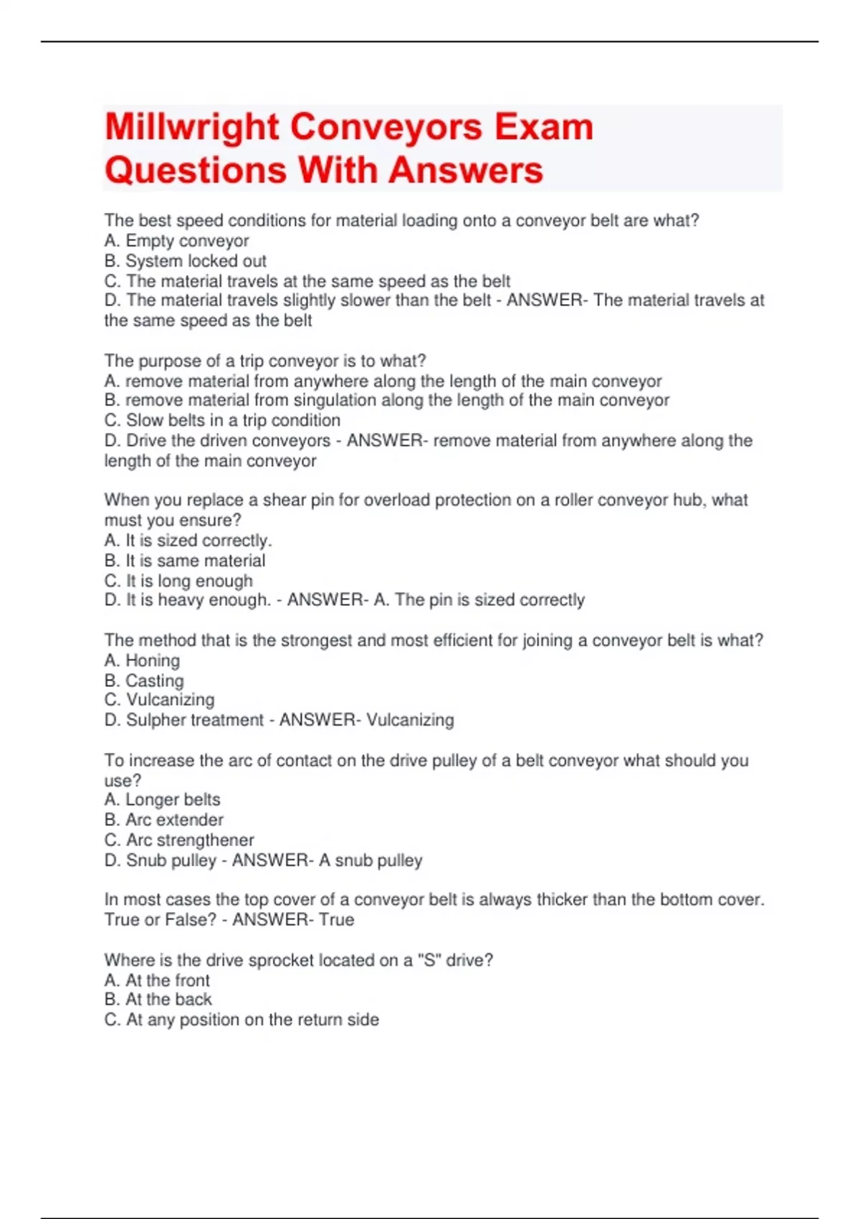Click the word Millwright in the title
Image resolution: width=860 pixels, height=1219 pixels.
click(192, 128)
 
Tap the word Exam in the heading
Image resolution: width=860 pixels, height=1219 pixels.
click(544, 128)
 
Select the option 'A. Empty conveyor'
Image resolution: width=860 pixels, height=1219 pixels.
click(176, 241)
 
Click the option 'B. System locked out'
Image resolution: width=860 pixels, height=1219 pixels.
click(185, 261)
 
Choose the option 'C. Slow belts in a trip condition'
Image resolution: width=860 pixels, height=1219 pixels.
click(222, 420)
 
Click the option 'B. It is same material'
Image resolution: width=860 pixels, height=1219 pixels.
click(184, 561)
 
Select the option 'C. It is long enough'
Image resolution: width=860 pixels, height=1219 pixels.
click(178, 581)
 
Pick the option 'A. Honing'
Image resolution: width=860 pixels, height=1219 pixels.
click(142, 660)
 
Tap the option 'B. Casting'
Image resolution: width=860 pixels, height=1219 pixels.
click(144, 680)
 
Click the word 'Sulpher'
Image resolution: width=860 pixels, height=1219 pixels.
click(153, 720)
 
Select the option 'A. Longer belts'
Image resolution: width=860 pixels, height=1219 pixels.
click(162, 800)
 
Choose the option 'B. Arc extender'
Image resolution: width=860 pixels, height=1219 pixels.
click(163, 820)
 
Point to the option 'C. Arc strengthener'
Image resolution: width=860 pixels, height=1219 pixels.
click(179, 840)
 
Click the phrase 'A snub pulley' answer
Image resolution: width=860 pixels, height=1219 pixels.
click(370, 860)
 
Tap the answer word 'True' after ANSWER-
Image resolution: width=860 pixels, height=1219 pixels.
click(336, 919)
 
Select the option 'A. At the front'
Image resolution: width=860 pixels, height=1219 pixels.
click(157, 980)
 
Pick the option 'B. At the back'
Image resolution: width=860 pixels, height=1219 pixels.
click(158, 1000)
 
